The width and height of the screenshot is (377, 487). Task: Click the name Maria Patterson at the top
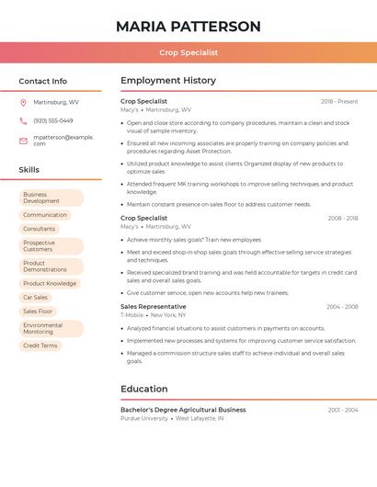(188, 27)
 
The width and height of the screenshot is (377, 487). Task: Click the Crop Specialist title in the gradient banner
(188, 53)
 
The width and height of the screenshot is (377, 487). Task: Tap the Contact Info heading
(42, 81)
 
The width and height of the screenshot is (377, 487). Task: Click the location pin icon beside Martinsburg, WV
(23, 102)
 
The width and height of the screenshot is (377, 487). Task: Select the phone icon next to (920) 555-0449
(23, 120)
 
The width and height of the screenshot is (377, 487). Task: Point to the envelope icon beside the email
(23, 141)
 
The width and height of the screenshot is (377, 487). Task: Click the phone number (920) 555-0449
(52, 120)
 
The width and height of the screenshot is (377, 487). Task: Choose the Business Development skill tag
(51, 198)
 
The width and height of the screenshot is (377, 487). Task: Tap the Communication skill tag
(45, 215)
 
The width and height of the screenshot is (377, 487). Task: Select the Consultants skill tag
(40, 229)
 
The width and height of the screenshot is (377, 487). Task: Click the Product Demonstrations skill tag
(51, 266)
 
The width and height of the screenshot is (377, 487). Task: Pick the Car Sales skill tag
(36, 298)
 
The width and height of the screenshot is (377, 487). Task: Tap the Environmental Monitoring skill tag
(51, 328)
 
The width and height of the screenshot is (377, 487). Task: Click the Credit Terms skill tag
(40, 345)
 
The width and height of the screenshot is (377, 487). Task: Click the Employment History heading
(167, 81)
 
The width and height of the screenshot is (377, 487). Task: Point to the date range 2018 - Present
(339, 101)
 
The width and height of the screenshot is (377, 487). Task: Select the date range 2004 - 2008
(341, 307)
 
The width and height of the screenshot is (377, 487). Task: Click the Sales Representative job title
(153, 307)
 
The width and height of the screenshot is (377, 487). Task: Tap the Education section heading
(143, 389)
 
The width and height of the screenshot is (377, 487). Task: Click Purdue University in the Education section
(144, 418)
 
